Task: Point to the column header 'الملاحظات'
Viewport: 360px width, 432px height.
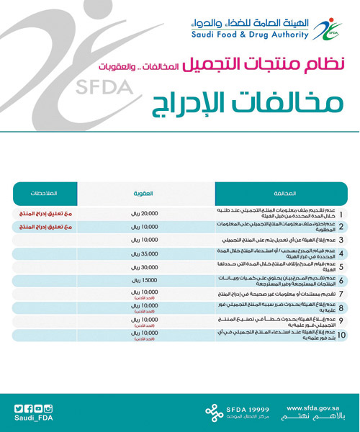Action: point(45,193)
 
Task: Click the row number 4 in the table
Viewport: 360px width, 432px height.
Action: point(341,253)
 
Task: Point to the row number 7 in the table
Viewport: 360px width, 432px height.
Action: point(341,294)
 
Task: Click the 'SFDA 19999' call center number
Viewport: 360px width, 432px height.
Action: point(248,405)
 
